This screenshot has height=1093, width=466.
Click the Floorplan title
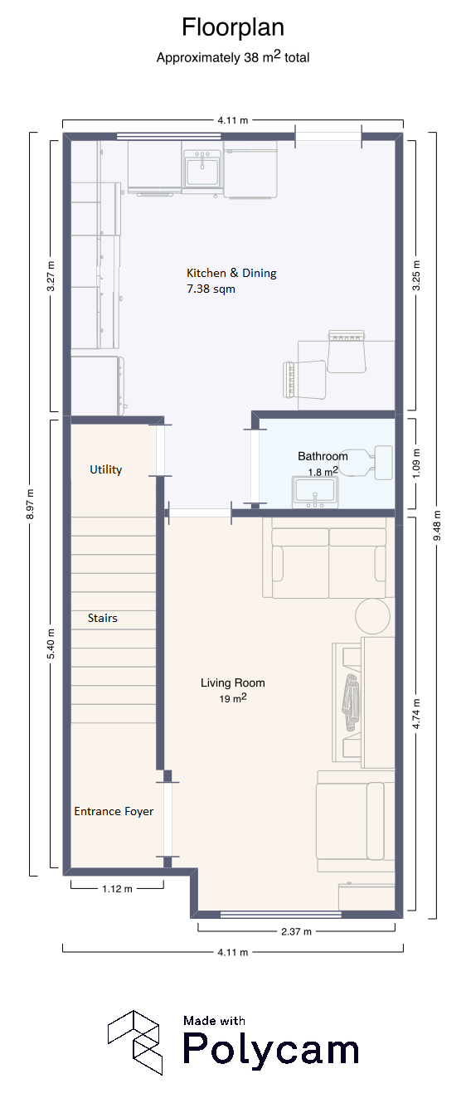pyautogui.click(x=233, y=27)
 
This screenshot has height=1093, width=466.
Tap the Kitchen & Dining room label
pyautogui.click(x=231, y=273)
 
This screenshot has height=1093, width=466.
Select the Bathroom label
pyautogui.click(x=323, y=456)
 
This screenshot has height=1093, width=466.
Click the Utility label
pyautogui.click(x=106, y=469)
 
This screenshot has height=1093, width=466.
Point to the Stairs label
pyautogui.click(x=103, y=618)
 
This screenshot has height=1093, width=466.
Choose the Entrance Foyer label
pyautogui.click(x=114, y=811)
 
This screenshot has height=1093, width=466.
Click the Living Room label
pyautogui.click(x=233, y=683)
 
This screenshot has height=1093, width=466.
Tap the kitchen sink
pyautogui.click(x=202, y=168)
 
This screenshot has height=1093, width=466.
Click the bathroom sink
pyautogui.click(x=315, y=492)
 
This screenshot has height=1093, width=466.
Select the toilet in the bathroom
pyautogui.click(x=366, y=462)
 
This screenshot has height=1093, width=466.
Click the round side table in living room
pyautogui.click(x=372, y=616)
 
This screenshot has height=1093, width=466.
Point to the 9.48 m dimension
pyautogui.click(x=437, y=525)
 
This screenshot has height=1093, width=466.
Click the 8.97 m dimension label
pyautogui.click(x=30, y=504)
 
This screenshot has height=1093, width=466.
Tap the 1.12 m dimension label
pyautogui.click(x=117, y=888)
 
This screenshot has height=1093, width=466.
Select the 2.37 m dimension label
pyautogui.click(x=296, y=931)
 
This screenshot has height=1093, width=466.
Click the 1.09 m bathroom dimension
pyautogui.click(x=415, y=463)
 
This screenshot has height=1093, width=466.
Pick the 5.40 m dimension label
pyautogui.click(x=51, y=644)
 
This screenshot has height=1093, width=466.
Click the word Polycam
pyautogui.click(x=271, y=1048)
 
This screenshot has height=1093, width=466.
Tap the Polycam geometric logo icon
pyautogui.click(x=135, y=1042)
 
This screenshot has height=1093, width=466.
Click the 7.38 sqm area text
pyautogui.click(x=211, y=289)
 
